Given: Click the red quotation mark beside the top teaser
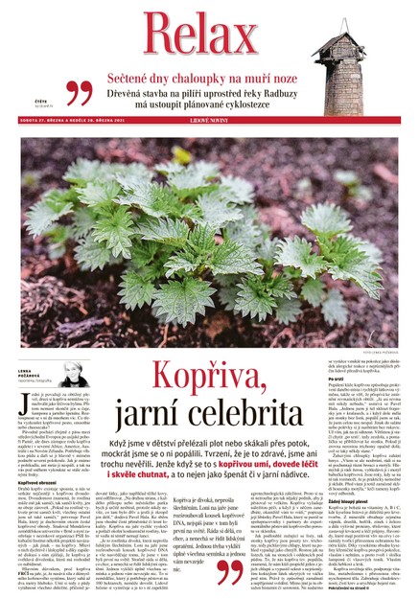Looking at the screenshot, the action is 79,92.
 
